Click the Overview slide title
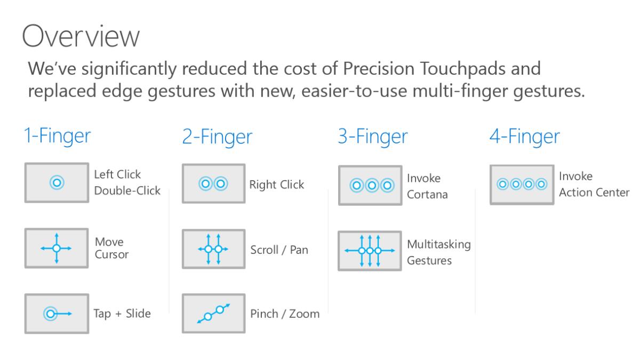(x=81, y=38)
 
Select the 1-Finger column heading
(x=57, y=137)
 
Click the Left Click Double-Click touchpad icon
(x=56, y=183)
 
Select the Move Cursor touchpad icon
(x=56, y=248)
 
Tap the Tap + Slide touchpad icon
(x=56, y=314)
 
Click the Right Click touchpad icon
(x=213, y=184)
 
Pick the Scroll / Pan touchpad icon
(x=213, y=249)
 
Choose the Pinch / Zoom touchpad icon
(x=213, y=314)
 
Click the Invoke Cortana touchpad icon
(x=370, y=186)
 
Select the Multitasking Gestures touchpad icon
(x=370, y=250)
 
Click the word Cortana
(x=427, y=194)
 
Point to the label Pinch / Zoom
(x=285, y=314)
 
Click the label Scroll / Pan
(x=279, y=250)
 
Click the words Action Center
(x=594, y=192)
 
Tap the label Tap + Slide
(x=122, y=314)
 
